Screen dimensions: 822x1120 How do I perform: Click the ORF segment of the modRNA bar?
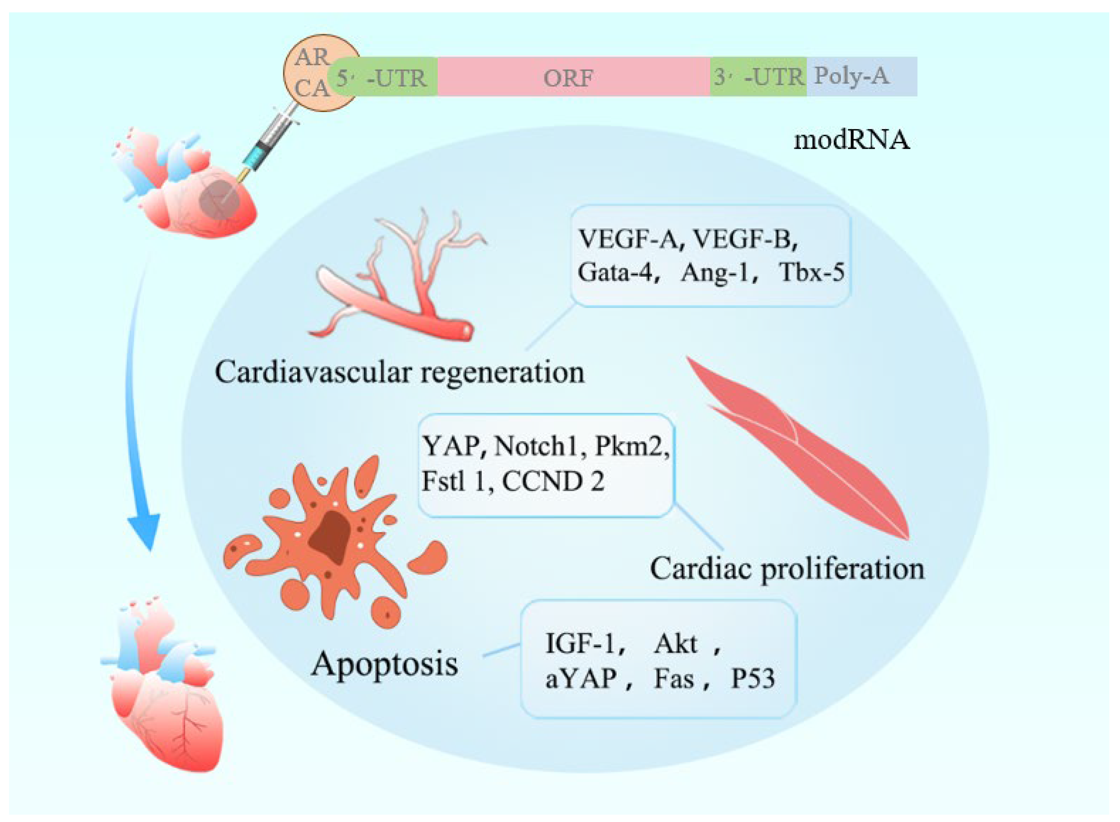point(572,77)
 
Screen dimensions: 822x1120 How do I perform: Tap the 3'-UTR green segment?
point(757,77)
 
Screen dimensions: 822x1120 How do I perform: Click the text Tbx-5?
point(811,273)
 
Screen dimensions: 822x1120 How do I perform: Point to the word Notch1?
point(535,446)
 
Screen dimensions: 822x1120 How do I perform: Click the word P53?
point(752,679)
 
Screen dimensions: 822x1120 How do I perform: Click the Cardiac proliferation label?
point(787,568)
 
